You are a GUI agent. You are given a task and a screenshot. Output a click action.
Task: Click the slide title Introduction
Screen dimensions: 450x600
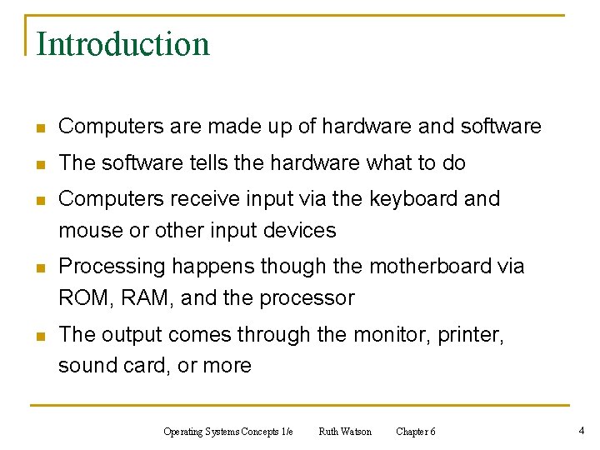[123, 44]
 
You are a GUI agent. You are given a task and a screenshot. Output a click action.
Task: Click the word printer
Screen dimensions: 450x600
[472, 335]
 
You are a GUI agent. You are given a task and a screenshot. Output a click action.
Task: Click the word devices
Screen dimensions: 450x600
[298, 231]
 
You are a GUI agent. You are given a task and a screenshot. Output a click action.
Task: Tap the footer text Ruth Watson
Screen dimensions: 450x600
[345, 432]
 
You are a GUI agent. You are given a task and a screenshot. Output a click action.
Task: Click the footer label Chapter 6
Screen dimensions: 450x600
[415, 432]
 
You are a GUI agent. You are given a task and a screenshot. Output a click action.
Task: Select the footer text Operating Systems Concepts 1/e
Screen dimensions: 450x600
[228, 432]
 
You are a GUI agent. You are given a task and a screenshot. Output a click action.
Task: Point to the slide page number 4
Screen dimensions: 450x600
[581, 431]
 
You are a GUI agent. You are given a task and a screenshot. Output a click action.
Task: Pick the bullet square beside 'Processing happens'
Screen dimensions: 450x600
[37, 268]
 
